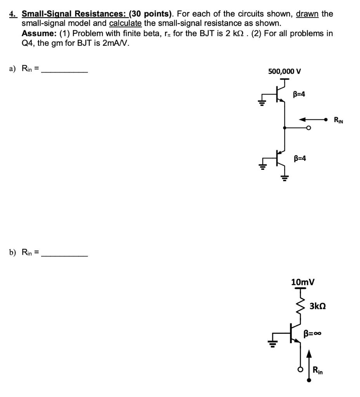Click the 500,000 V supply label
tap(284, 71)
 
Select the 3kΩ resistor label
tap(318, 306)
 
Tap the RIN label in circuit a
tap(338, 120)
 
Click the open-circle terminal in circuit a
tap(308, 128)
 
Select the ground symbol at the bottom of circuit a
tap(285, 178)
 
